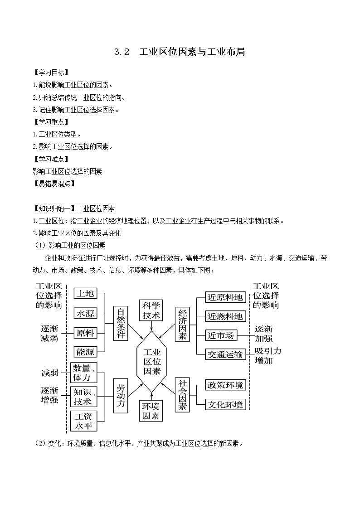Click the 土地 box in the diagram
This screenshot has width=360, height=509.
85,294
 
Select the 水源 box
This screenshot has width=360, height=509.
85,314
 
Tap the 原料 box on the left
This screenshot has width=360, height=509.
85,333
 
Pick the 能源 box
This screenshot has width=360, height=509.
85,352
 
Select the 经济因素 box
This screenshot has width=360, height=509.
183,324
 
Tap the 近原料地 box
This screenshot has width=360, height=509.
225,297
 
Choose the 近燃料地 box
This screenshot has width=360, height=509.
225,316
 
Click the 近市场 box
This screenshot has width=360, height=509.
221,335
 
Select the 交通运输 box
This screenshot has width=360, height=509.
225,354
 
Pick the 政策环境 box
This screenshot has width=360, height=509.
225,385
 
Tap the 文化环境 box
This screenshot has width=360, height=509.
225,404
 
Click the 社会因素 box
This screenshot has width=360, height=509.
183,395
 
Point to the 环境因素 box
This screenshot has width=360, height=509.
151,410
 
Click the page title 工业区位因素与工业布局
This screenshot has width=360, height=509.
192,52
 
